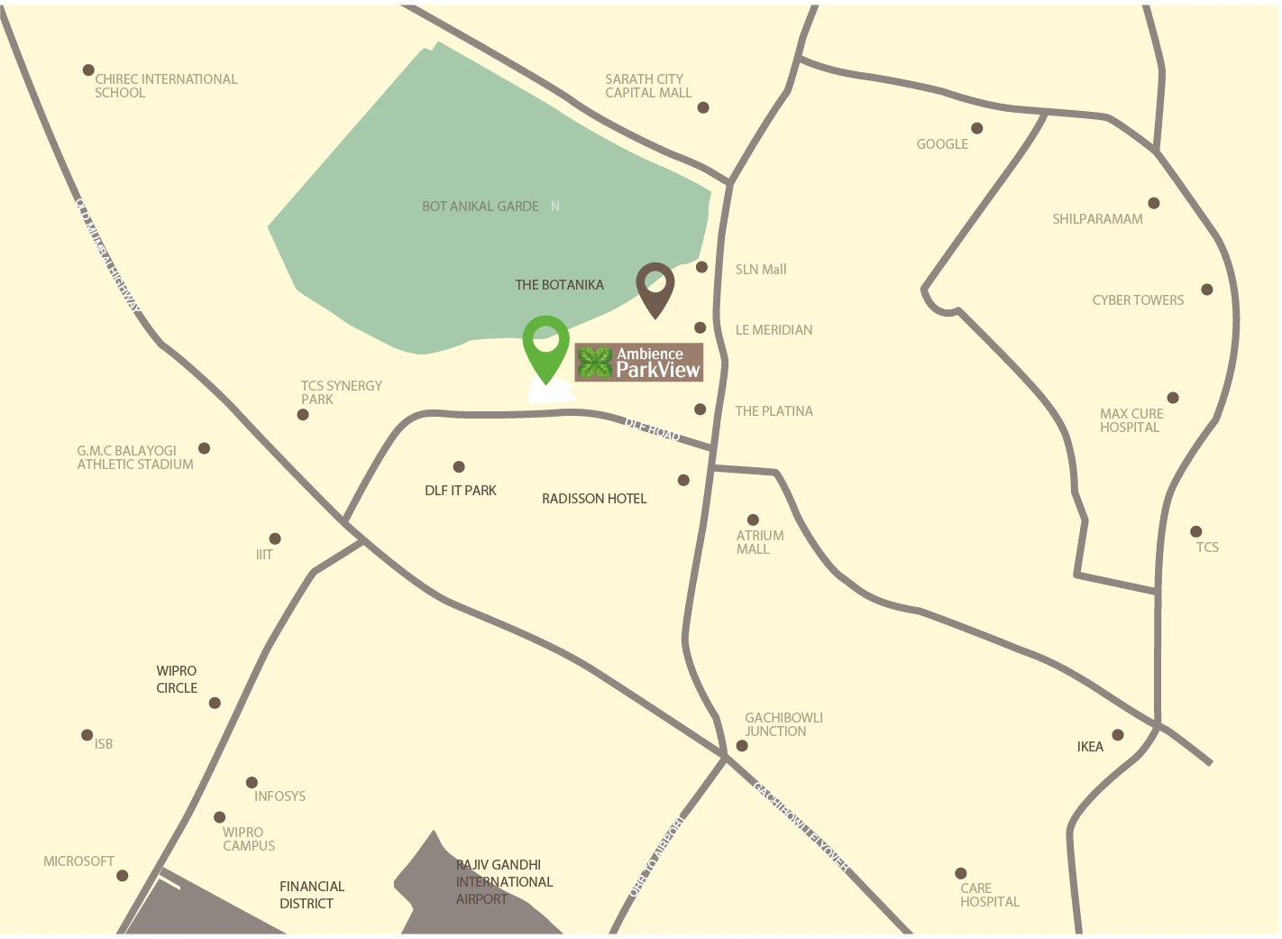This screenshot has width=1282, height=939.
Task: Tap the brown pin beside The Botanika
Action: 655,287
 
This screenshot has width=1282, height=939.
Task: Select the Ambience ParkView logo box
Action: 638,363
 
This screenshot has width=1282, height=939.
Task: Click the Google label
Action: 942,144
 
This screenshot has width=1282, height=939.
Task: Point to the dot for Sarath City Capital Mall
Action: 703,108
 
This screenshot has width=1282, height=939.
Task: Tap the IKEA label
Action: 1090,747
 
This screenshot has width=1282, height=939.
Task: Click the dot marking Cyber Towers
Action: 1207,290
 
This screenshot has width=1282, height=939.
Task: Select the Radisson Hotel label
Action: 594,499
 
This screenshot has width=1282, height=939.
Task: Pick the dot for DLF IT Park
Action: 459,467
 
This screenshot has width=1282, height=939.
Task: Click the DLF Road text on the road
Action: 652,429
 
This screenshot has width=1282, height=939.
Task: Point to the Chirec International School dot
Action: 88,70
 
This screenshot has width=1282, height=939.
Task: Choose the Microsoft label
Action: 78,861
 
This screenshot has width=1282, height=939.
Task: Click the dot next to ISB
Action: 87,735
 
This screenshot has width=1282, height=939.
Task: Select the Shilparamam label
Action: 1097,219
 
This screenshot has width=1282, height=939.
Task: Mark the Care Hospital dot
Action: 961,873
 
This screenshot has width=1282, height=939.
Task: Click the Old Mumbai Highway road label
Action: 108,255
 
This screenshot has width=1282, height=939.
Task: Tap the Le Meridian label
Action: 774,330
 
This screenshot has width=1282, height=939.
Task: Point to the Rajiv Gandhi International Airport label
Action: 503,881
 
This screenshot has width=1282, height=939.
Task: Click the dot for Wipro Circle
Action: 215,703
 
